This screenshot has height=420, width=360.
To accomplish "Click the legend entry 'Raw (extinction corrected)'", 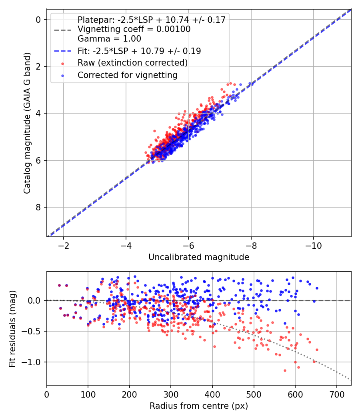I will coord(132,63).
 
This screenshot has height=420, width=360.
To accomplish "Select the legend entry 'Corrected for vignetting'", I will coord(127,75).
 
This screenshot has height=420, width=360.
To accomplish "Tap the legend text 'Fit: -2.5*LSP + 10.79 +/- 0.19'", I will coord(139,51).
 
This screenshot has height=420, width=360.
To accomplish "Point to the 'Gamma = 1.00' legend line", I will coord(109,39).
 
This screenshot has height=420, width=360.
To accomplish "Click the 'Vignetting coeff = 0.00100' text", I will coord(134,29).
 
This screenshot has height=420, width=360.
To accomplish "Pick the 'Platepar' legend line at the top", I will coord(152,20).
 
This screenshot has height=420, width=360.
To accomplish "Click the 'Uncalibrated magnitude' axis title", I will coord(199,257).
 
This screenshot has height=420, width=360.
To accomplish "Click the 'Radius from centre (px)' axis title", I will coord(199,406).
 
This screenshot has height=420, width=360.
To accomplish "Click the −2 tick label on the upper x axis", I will coord(63,245).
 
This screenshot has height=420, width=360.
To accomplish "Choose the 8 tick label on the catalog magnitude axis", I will coord(39,207).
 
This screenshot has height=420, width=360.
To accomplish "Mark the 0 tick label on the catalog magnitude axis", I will coord(39,20).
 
